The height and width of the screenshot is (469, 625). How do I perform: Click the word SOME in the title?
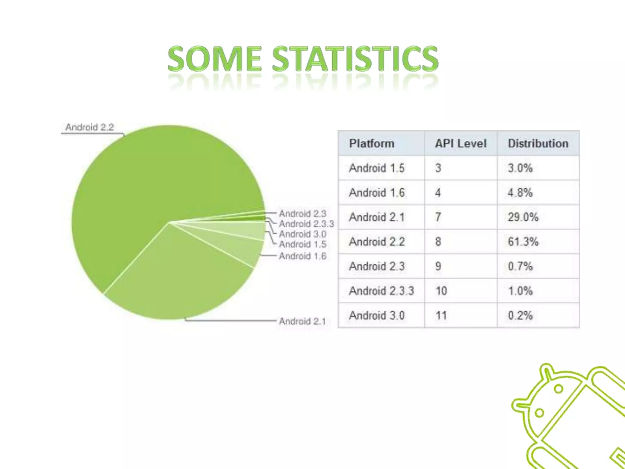[215, 59]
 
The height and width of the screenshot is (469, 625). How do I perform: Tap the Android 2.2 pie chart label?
[89, 127]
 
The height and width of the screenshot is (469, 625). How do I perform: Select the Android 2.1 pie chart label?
[302, 321]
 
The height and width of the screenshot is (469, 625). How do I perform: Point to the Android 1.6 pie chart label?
[303, 256]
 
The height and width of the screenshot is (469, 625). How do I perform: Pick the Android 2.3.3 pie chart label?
[306, 224]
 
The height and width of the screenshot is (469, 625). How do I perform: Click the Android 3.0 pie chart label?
[302, 234]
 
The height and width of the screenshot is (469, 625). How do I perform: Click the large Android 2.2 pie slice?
[153, 177]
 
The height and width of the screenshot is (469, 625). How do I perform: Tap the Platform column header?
[371, 144]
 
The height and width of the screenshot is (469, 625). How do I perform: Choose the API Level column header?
[461, 144]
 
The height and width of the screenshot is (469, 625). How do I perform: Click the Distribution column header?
[538, 144]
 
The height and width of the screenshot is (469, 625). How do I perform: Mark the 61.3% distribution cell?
[523, 242]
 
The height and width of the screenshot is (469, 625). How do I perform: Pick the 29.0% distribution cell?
[523, 217]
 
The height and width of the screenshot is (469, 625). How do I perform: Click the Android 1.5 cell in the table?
[377, 168]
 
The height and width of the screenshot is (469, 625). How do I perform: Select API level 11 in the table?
[441, 315]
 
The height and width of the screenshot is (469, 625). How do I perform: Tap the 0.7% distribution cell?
[520, 266]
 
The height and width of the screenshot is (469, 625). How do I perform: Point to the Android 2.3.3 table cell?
[381, 291]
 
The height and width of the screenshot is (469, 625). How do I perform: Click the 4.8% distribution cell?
[520, 193]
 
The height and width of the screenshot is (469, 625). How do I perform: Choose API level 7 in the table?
[438, 217]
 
